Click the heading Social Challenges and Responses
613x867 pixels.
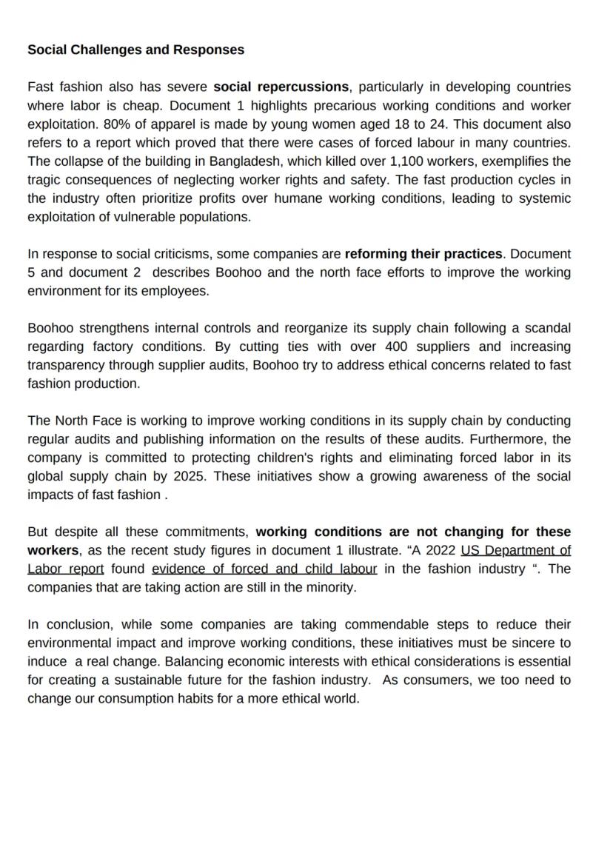[x=135, y=50]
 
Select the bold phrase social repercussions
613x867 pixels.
[x=281, y=87]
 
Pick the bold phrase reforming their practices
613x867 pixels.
[x=423, y=254]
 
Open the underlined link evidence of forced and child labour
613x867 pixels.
[x=264, y=569]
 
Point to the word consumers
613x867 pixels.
[x=435, y=680]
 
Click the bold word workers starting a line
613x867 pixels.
[x=53, y=550]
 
